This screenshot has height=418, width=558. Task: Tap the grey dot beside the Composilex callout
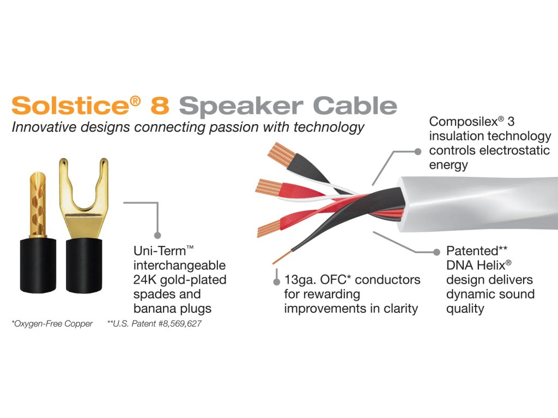pos(418,151)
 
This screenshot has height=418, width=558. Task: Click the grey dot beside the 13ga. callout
pos(277,281)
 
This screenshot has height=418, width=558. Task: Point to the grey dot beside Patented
pos(436,252)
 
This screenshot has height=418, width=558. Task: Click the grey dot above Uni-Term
pos(157,235)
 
